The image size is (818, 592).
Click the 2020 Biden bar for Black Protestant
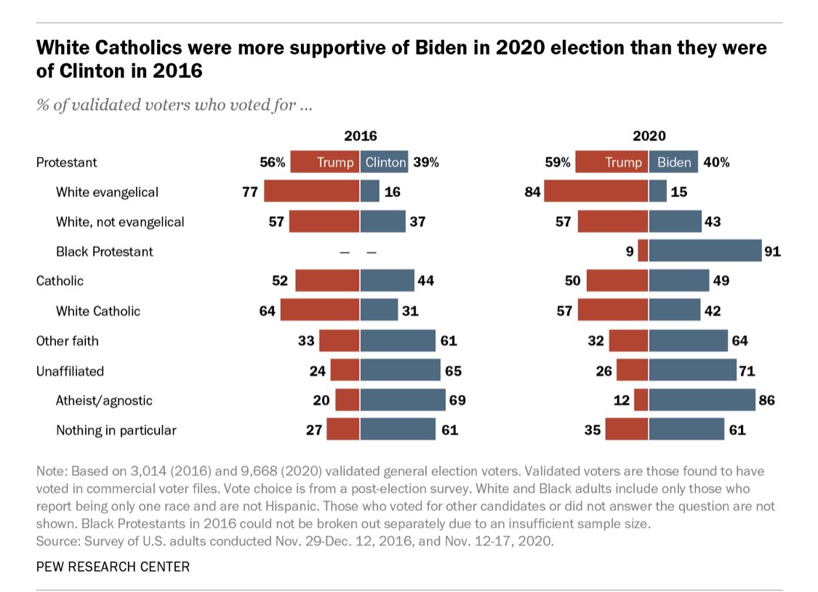click(705, 252)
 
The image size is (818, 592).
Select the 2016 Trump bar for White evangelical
click(311, 192)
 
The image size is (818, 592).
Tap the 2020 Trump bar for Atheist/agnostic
click(641, 400)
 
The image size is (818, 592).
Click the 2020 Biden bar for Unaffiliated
click(692, 371)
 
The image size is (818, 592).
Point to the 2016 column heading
click(360, 135)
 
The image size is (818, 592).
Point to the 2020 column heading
click(649, 135)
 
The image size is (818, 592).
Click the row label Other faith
click(68, 341)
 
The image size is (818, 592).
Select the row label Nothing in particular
click(116, 431)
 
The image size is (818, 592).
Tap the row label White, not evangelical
click(120, 222)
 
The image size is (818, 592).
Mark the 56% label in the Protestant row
click(273, 162)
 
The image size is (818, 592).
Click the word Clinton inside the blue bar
click(385, 162)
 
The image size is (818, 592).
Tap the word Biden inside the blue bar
click(673, 162)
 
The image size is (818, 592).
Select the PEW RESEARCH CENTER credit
click(113, 567)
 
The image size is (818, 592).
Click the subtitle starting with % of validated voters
click(175, 105)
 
